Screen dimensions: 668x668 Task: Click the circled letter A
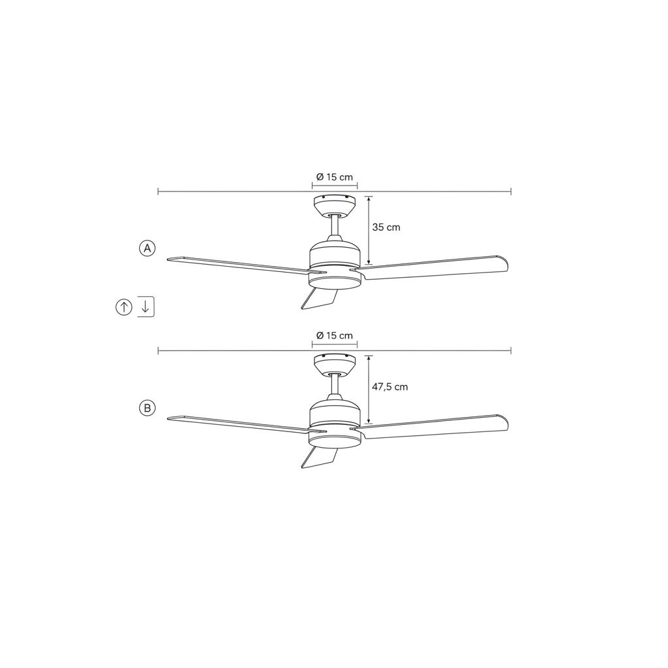point(148,248)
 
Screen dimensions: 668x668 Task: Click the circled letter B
point(148,408)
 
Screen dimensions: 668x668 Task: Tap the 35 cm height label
point(386,227)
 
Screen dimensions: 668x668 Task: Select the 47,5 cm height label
point(390,387)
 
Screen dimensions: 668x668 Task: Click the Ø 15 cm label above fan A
point(335,176)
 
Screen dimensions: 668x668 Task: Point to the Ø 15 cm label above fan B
point(335,336)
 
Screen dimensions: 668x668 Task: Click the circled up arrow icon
point(124,307)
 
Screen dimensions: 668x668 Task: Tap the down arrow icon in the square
point(145,307)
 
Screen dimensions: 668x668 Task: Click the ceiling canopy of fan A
point(335,205)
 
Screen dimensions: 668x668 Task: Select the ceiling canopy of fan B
point(335,365)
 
